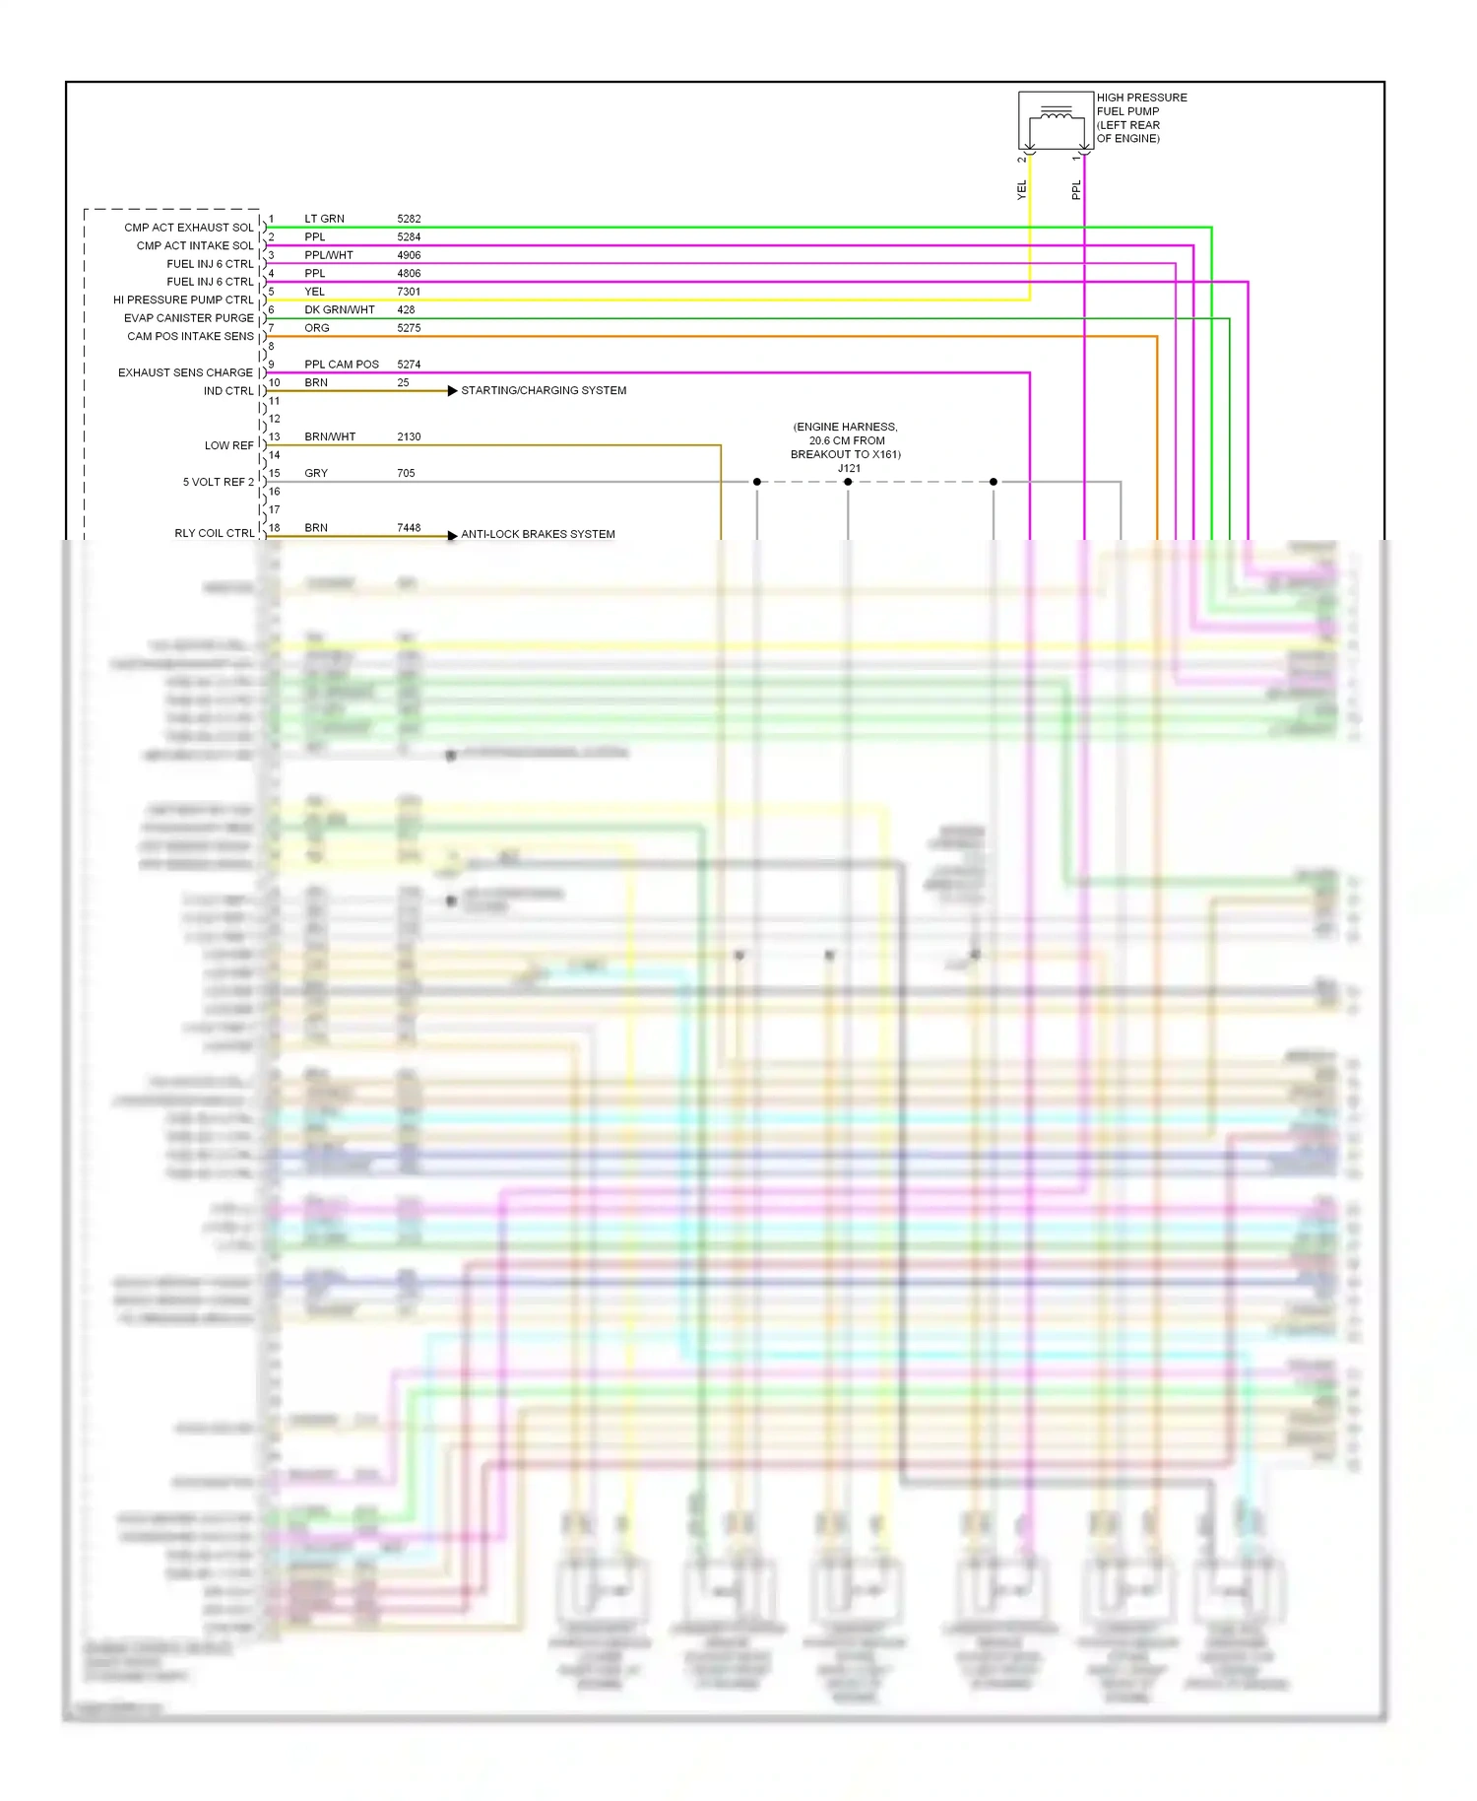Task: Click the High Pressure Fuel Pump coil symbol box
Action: (x=1056, y=121)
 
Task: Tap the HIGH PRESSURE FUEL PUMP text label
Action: (x=1141, y=117)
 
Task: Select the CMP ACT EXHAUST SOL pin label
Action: (x=188, y=228)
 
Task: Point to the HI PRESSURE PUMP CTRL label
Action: (x=183, y=300)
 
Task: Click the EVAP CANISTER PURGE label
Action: (x=188, y=318)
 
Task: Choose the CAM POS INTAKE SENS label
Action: (x=190, y=337)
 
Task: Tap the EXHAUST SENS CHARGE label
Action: (x=185, y=373)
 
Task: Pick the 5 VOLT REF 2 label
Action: (x=218, y=483)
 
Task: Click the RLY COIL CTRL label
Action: (x=214, y=534)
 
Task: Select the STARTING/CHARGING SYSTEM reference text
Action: (x=544, y=391)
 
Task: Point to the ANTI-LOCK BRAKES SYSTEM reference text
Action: (x=538, y=535)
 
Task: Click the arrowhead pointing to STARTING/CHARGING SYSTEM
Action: (x=452, y=391)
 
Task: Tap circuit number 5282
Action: (x=409, y=220)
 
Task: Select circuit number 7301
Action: (x=409, y=293)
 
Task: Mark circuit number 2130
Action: (x=409, y=437)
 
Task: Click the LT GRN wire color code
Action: (x=324, y=220)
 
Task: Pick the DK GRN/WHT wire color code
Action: (x=339, y=310)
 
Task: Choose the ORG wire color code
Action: (x=316, y=329)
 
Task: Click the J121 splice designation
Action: (x=849, y=469)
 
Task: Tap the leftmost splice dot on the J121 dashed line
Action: (x=756, y=482)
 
